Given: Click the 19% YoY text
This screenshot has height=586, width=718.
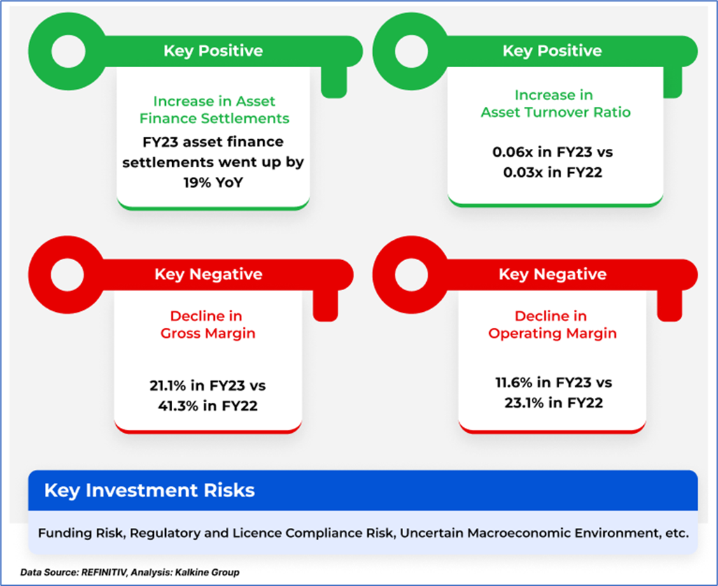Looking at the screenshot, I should [213, 180].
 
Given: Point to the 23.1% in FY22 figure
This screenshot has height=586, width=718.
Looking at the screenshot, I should [553, 401].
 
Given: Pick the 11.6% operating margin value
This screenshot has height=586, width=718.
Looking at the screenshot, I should [520, 383].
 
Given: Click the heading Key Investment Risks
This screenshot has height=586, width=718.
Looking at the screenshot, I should [149, 490].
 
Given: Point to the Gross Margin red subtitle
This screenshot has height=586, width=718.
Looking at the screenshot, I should [208, 334].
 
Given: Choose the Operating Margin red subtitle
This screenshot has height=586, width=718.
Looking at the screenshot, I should [552, 334].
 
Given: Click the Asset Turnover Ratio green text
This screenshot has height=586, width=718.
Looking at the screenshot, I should [552, 112].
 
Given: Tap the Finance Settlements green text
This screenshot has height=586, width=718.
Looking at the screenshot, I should [214, 118].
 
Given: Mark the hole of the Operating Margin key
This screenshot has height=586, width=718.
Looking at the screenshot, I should [413, 273].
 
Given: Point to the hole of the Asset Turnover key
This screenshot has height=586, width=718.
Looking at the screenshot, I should [413, 50].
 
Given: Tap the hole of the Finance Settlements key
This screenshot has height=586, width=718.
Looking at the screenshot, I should [68, 50].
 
